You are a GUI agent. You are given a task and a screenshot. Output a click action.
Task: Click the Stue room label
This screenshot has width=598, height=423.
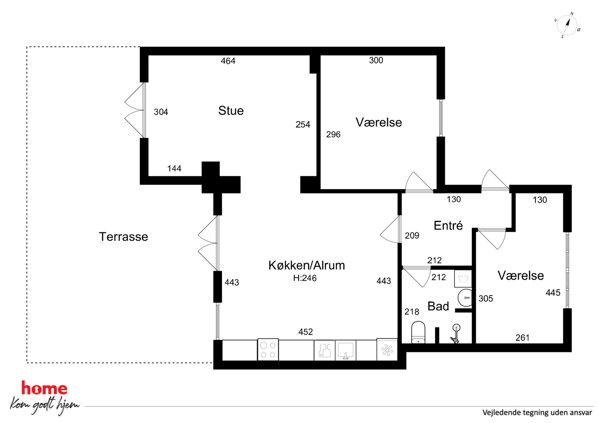(231, 111)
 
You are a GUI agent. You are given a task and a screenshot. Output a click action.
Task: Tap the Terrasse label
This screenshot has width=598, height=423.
(124, 237)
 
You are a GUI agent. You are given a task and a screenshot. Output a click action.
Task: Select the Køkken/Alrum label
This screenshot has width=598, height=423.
(307, 265)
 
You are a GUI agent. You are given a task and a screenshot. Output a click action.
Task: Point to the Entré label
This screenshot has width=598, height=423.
(448, 225)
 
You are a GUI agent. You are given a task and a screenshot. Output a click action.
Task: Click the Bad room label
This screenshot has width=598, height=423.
(438, 306)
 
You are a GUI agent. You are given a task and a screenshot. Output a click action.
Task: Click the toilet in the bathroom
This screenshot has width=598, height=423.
(418, 332)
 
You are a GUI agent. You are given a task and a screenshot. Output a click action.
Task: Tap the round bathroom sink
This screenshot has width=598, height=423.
(465, 298)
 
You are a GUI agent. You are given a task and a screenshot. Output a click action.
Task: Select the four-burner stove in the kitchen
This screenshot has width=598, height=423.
(268, 350)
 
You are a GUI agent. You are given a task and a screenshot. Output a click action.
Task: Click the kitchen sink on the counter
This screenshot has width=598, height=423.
(345, 350)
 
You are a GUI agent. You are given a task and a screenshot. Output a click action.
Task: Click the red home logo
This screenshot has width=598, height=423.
(44, 388)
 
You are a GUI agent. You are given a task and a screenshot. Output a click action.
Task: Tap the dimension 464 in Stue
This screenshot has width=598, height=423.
(228, 61)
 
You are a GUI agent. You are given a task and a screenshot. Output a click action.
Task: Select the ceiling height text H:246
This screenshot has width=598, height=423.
(305, 278)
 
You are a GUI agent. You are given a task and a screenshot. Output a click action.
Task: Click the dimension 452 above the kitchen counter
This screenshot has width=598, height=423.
(306, 332)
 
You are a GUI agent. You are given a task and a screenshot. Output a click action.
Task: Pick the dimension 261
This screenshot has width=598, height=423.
(522, 338)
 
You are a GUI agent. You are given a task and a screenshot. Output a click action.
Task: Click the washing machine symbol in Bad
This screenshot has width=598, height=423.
(463, 278)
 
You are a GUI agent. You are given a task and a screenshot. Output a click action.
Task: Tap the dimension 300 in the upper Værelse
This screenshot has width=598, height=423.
(376, 60)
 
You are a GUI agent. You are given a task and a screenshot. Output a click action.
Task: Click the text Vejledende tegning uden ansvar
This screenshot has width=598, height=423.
(537, 412)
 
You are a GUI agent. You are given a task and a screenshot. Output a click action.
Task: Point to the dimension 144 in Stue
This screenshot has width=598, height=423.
(174, 169)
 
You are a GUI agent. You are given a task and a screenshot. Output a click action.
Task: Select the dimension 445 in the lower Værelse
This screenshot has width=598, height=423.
(553, 292)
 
